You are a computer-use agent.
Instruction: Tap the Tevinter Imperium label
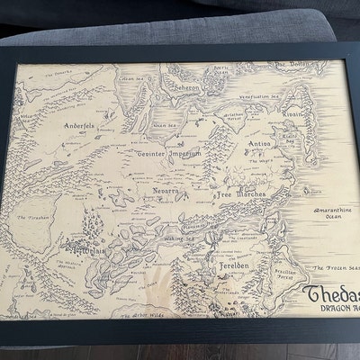point(169,154)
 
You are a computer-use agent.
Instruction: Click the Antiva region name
point(260,143)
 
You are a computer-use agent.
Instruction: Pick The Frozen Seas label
point(334,269)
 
